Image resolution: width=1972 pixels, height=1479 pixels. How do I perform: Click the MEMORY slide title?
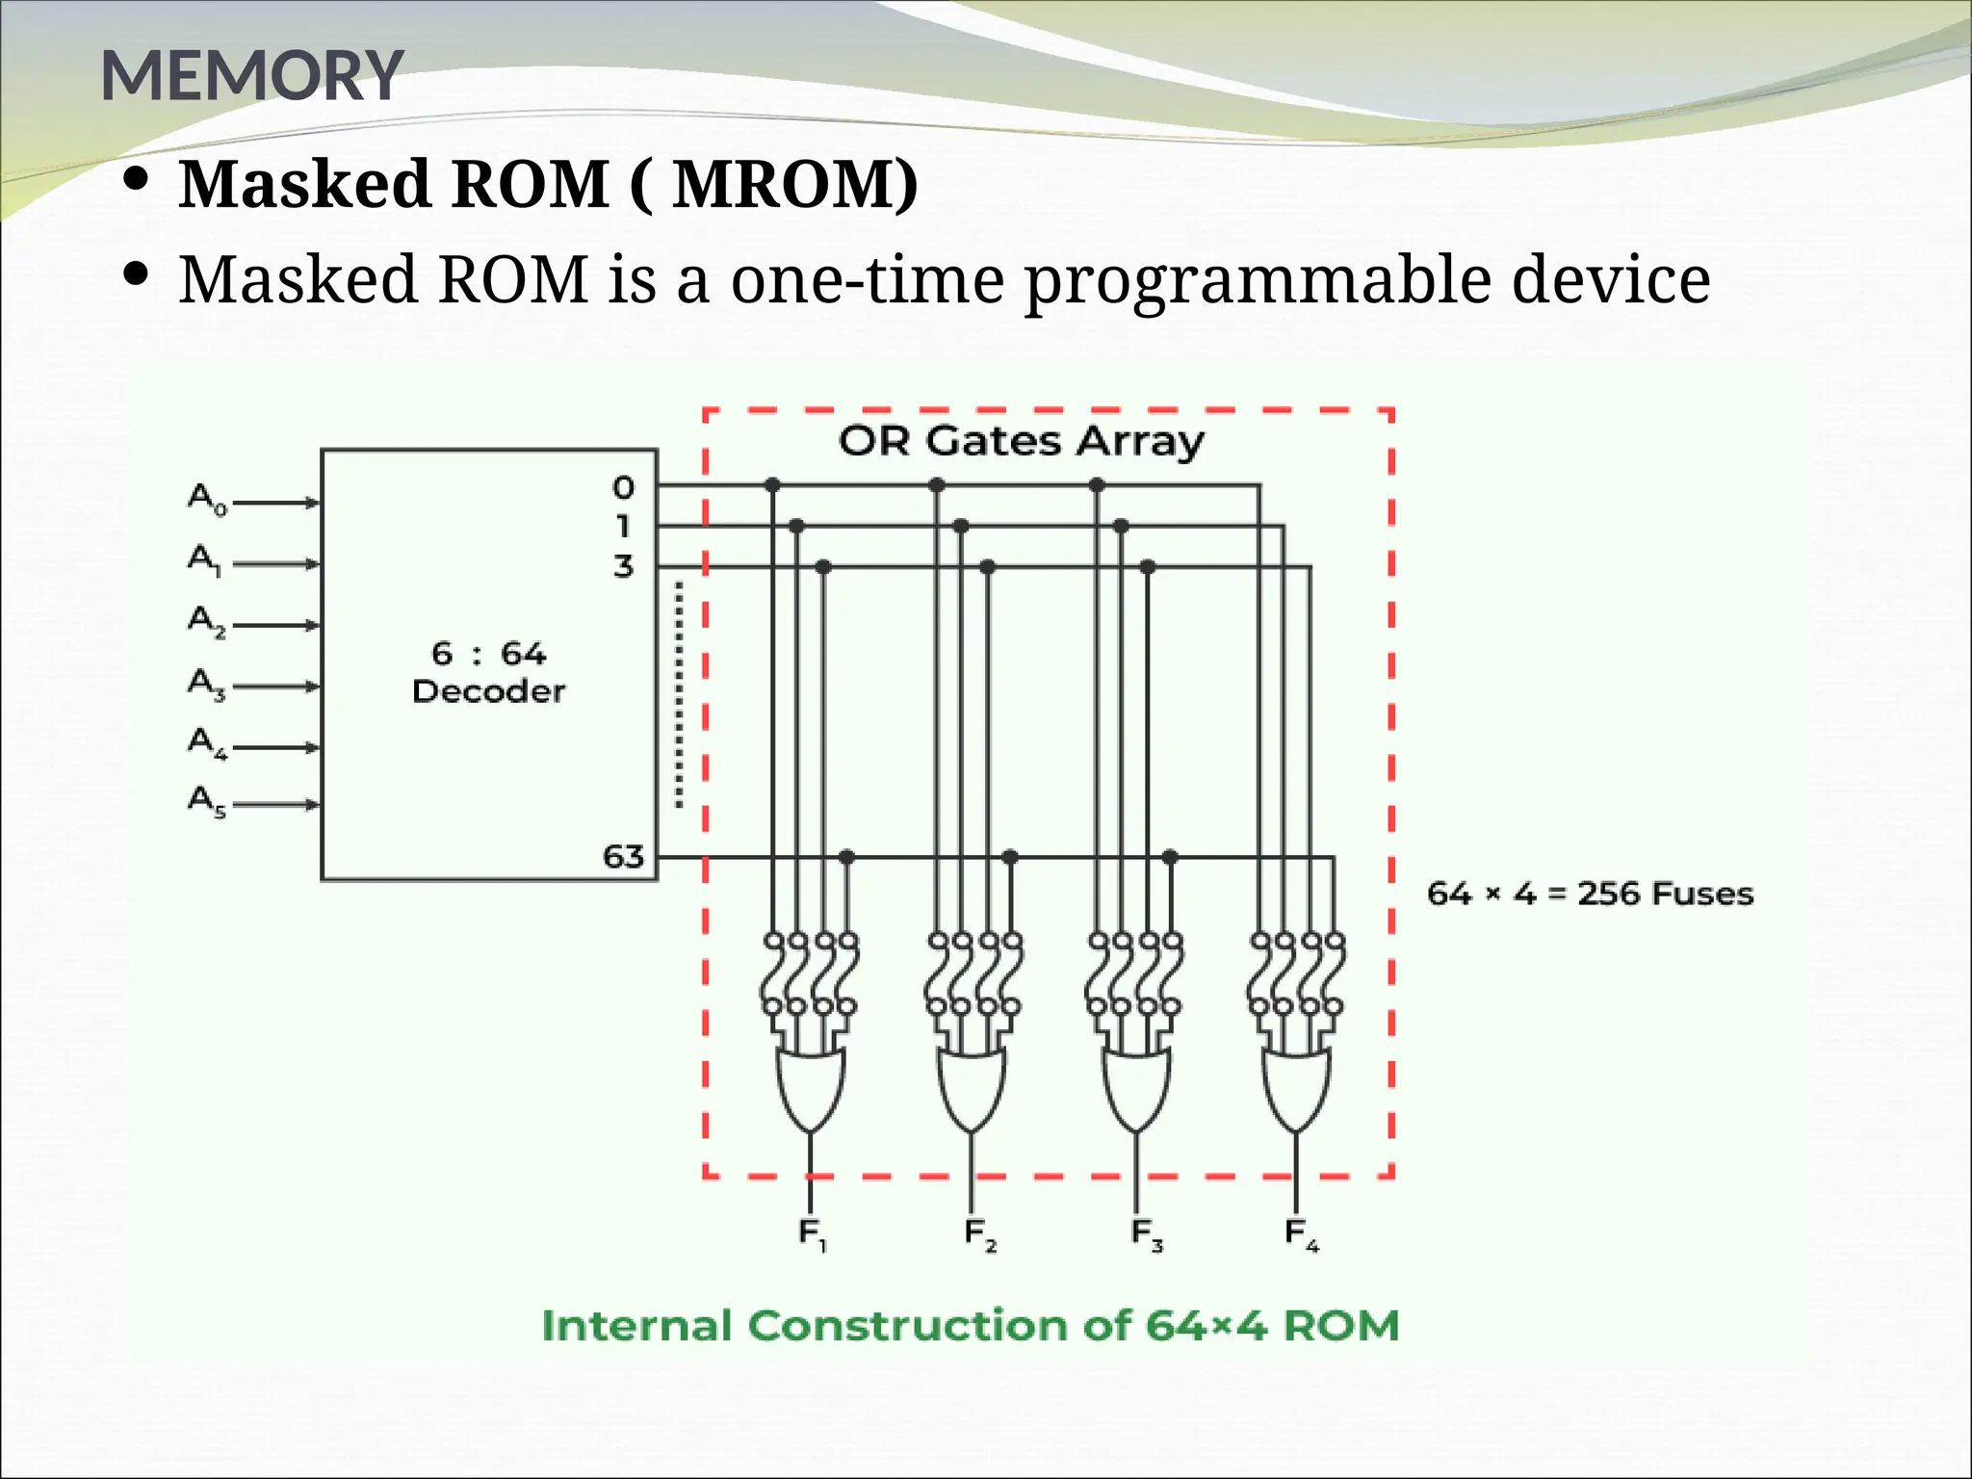coord(251,76)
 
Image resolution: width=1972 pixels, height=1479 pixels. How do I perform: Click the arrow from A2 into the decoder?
coord(277,626)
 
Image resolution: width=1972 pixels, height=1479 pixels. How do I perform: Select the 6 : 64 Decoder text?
coord(488,672)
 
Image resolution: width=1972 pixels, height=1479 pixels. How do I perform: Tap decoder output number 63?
coord(623,856)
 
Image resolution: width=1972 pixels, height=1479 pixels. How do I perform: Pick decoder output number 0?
coord(624,487)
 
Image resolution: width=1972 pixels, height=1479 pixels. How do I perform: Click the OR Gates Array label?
coord(1021,441)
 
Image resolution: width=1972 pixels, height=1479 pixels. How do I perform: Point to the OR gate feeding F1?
coord(811,1088)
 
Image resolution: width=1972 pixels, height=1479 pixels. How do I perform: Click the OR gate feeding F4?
coord(1296,1088)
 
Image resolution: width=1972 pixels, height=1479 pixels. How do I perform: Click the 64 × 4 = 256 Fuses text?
coord(1590,894)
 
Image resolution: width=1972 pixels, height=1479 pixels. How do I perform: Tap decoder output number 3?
coord(624,566)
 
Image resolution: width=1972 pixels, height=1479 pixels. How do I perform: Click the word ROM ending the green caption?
coord(1340,1326)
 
